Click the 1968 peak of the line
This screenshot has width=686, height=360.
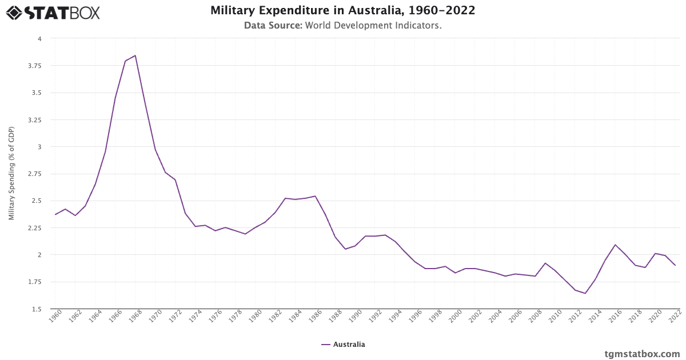point(135,55)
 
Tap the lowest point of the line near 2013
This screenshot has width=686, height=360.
point(585,293)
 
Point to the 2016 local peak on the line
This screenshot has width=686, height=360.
point(615,245)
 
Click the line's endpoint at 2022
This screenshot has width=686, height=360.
point(675,265)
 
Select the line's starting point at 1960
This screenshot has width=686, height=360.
point(55,214)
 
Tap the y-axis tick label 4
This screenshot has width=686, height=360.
point(39,39)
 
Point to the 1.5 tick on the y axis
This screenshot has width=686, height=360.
point(37,309)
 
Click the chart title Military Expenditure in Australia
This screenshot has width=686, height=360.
point(343,11)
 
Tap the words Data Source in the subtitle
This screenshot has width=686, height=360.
point(273,26)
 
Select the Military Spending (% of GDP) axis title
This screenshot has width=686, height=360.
point(12,174)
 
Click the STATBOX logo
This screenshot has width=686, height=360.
point(53,12)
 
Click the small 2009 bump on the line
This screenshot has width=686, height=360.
point(545,263)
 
